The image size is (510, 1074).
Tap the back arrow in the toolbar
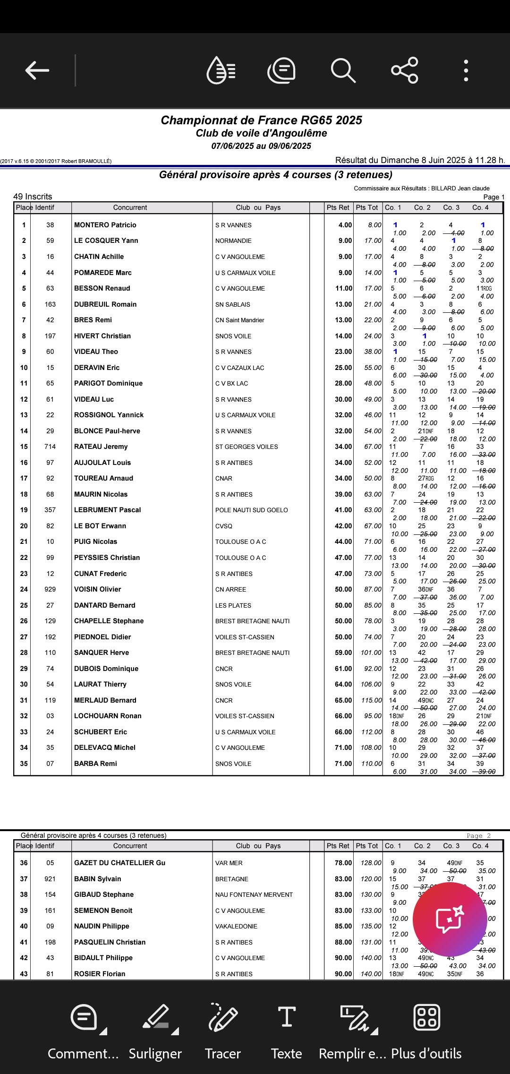click(37, 70)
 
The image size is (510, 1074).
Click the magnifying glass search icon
click(343, 70)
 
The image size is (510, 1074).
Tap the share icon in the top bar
click(405, 70)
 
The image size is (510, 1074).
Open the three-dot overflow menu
click(466, 70)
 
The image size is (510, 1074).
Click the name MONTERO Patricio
click(105, 225)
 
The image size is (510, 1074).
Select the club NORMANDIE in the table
click(233, 241)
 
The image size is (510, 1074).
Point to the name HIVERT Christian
click(102, 336)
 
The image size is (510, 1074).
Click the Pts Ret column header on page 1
click(338, 207)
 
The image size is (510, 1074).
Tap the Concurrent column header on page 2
click(130, 846)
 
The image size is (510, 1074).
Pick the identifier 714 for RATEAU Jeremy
click(50, 447)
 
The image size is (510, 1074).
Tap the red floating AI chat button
click(450, 919)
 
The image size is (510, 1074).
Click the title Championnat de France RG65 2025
click(261, 120)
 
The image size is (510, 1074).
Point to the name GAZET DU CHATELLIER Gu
click(119, 863)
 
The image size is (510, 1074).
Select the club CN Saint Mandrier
click(239, 320)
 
